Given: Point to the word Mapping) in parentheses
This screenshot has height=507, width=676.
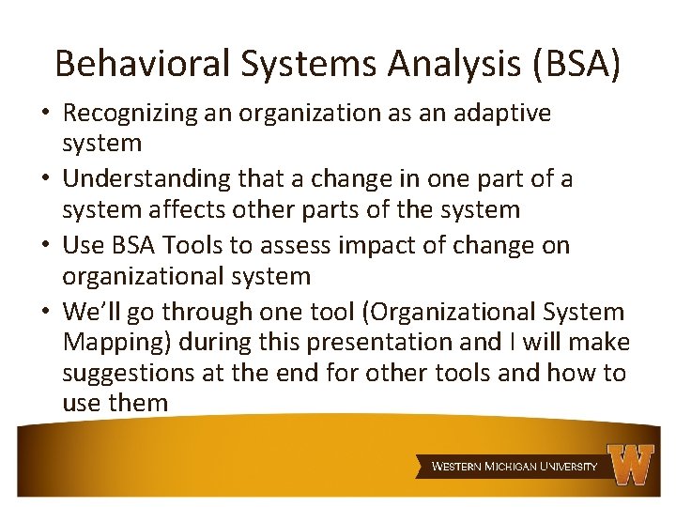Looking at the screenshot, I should (x=114, y=343).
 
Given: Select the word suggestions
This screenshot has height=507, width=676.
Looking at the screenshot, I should (x=128, y=374).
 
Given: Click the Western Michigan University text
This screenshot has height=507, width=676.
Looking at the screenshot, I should (x=515, y=466).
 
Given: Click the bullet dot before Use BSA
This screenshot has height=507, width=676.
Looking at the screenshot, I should (x=45, y=246).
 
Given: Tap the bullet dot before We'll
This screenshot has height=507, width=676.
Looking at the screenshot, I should (x=45, y=312).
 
